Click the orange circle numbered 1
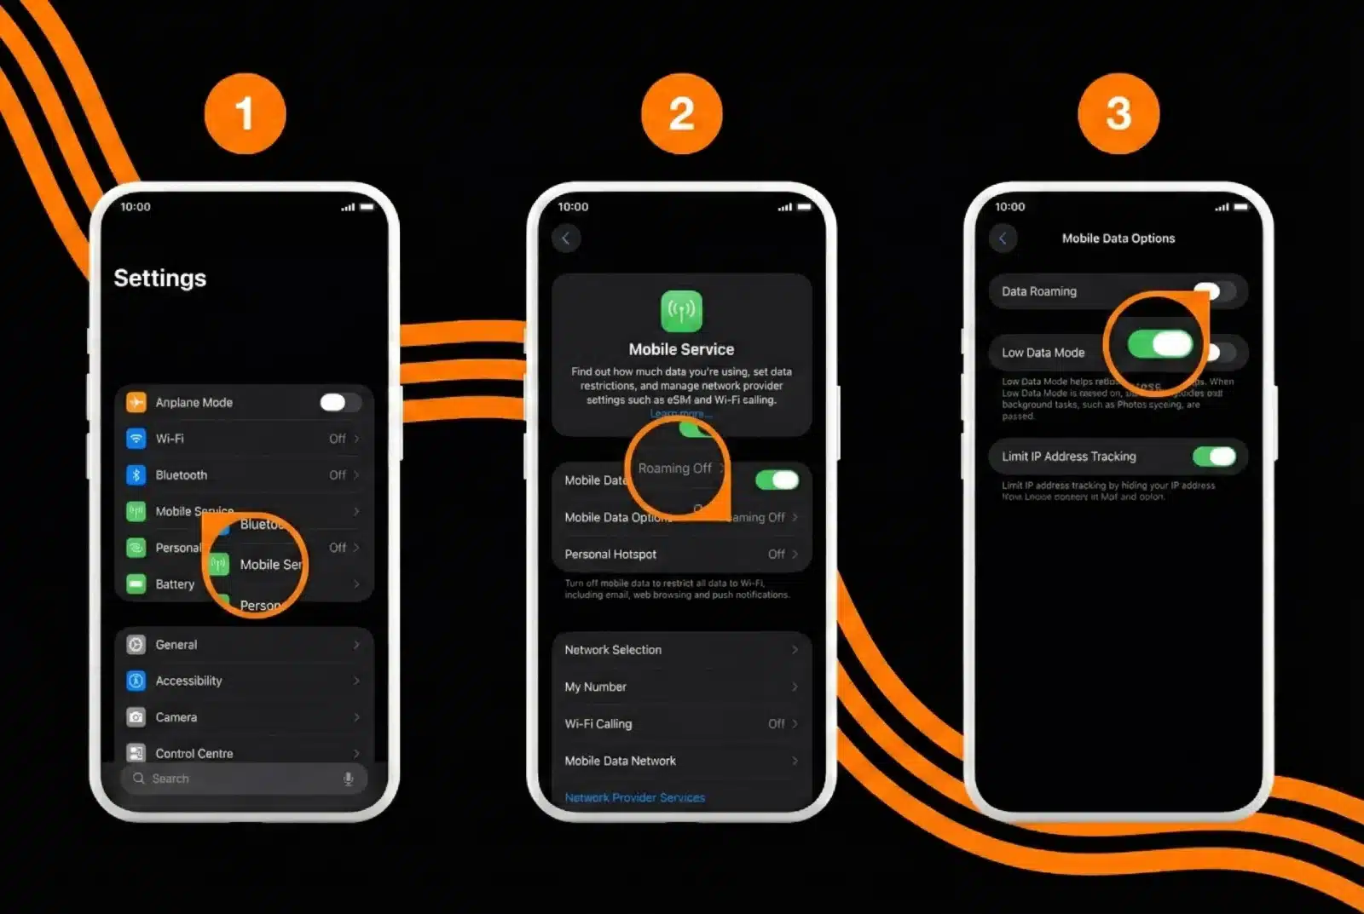(x=245, y=114)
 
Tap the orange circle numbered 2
(x=681, y=114)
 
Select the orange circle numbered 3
(x=1118, y=114)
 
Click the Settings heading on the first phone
(x=160, y=279)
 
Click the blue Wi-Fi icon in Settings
(x=136, y=439)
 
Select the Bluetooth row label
(x=181, y=475)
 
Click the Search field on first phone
(x=239, y=779)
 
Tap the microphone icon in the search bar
(x=348, y=779)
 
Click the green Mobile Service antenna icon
(x=681, y=311)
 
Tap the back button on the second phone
(x=566, y=239)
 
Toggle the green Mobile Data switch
(x=777, y=480)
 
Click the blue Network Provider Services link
(x=634, y=798)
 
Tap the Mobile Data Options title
(x=1118, y=239)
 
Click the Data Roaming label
(x=1038, y=291)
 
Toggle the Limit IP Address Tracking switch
(x=1214, y=457)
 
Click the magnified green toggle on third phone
(x=1159, y=344)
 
